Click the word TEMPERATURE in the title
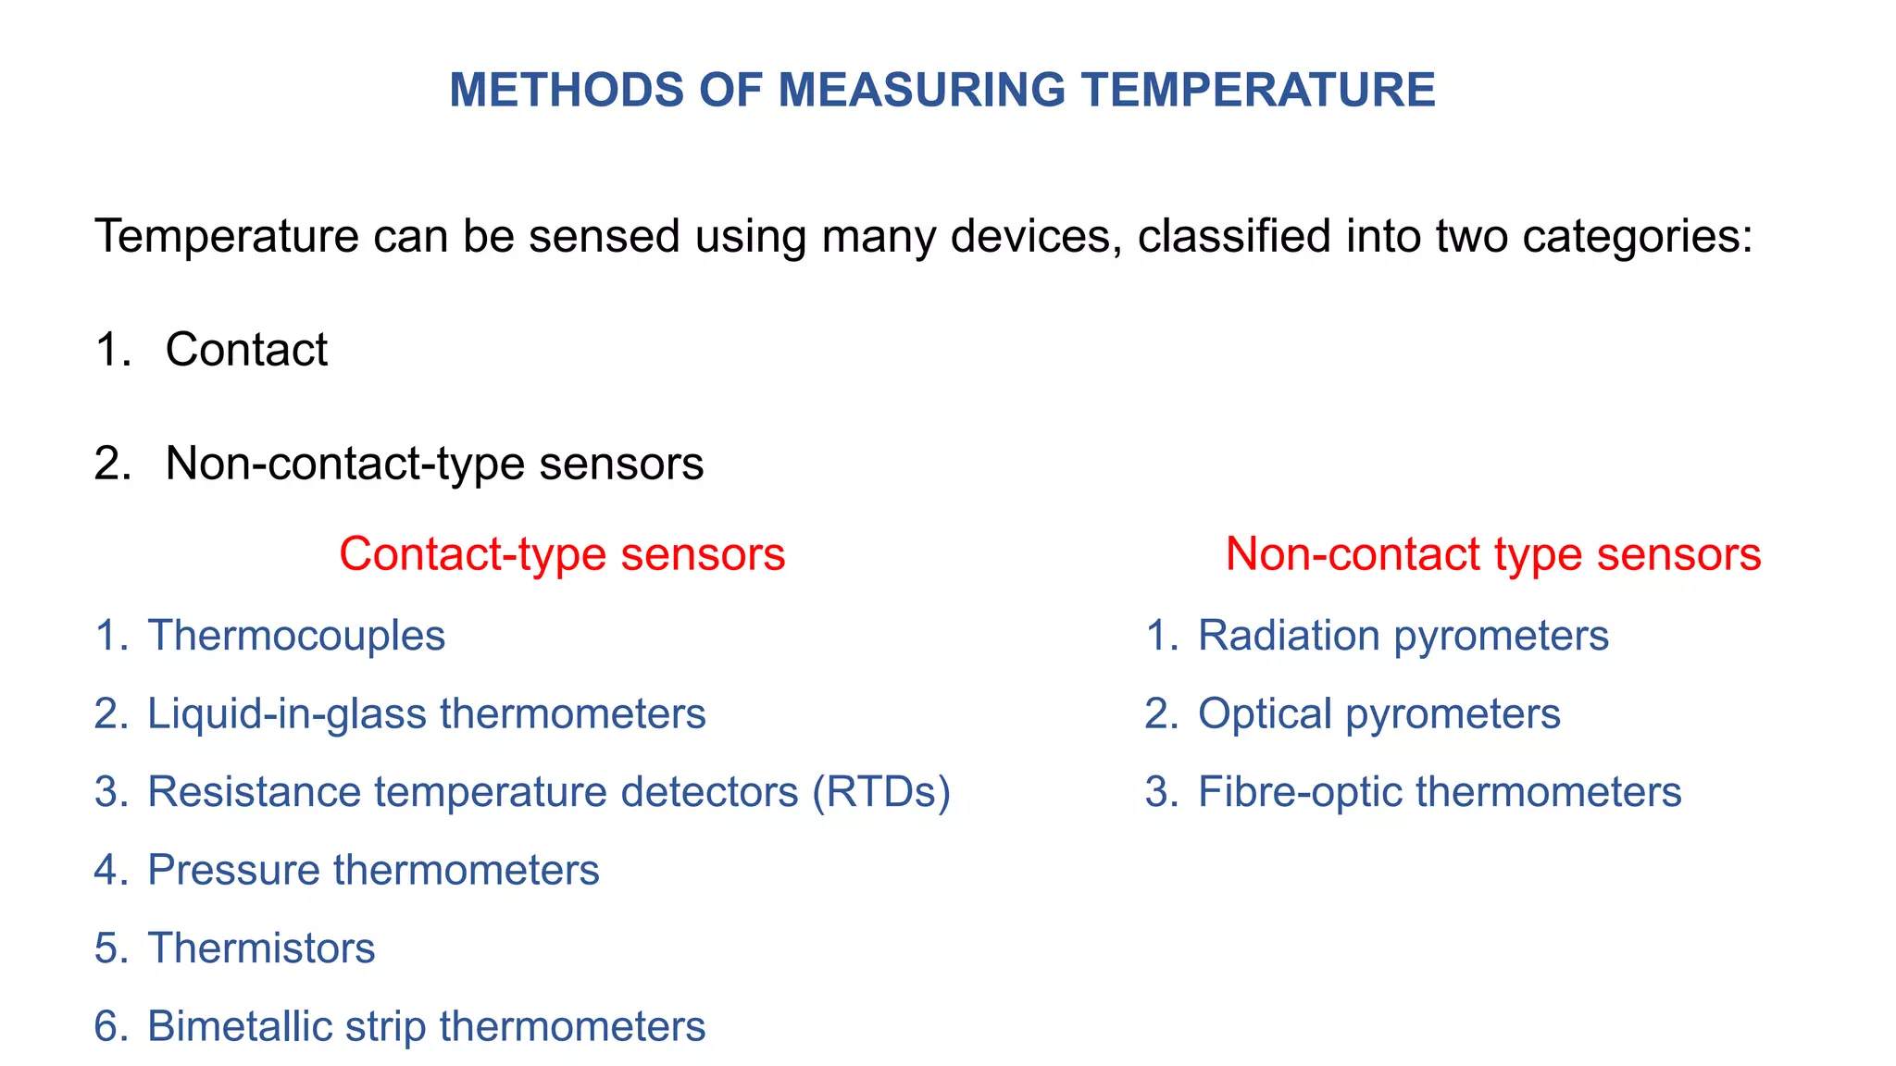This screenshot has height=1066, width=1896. click(x=1259, y=91)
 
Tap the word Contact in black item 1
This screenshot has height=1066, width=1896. click(x=246, y=350)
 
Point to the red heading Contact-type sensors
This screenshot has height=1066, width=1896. click(x=562, y=554)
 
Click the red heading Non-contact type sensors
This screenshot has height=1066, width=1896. click(x=1492, y=554)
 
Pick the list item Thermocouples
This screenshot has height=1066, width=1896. click(x=296, y=636)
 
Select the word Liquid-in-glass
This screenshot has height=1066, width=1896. click(x=287, y=714)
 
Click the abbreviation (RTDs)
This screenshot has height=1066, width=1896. click(x=881, y=792)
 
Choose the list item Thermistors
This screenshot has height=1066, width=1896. click(x=261, y=948)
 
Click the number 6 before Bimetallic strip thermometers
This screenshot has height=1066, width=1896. click(x=107, y=1027)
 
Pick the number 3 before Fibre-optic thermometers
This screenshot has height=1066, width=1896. click(x=1158, y=792)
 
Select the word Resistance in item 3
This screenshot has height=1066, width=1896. click(x=255, y=792)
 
